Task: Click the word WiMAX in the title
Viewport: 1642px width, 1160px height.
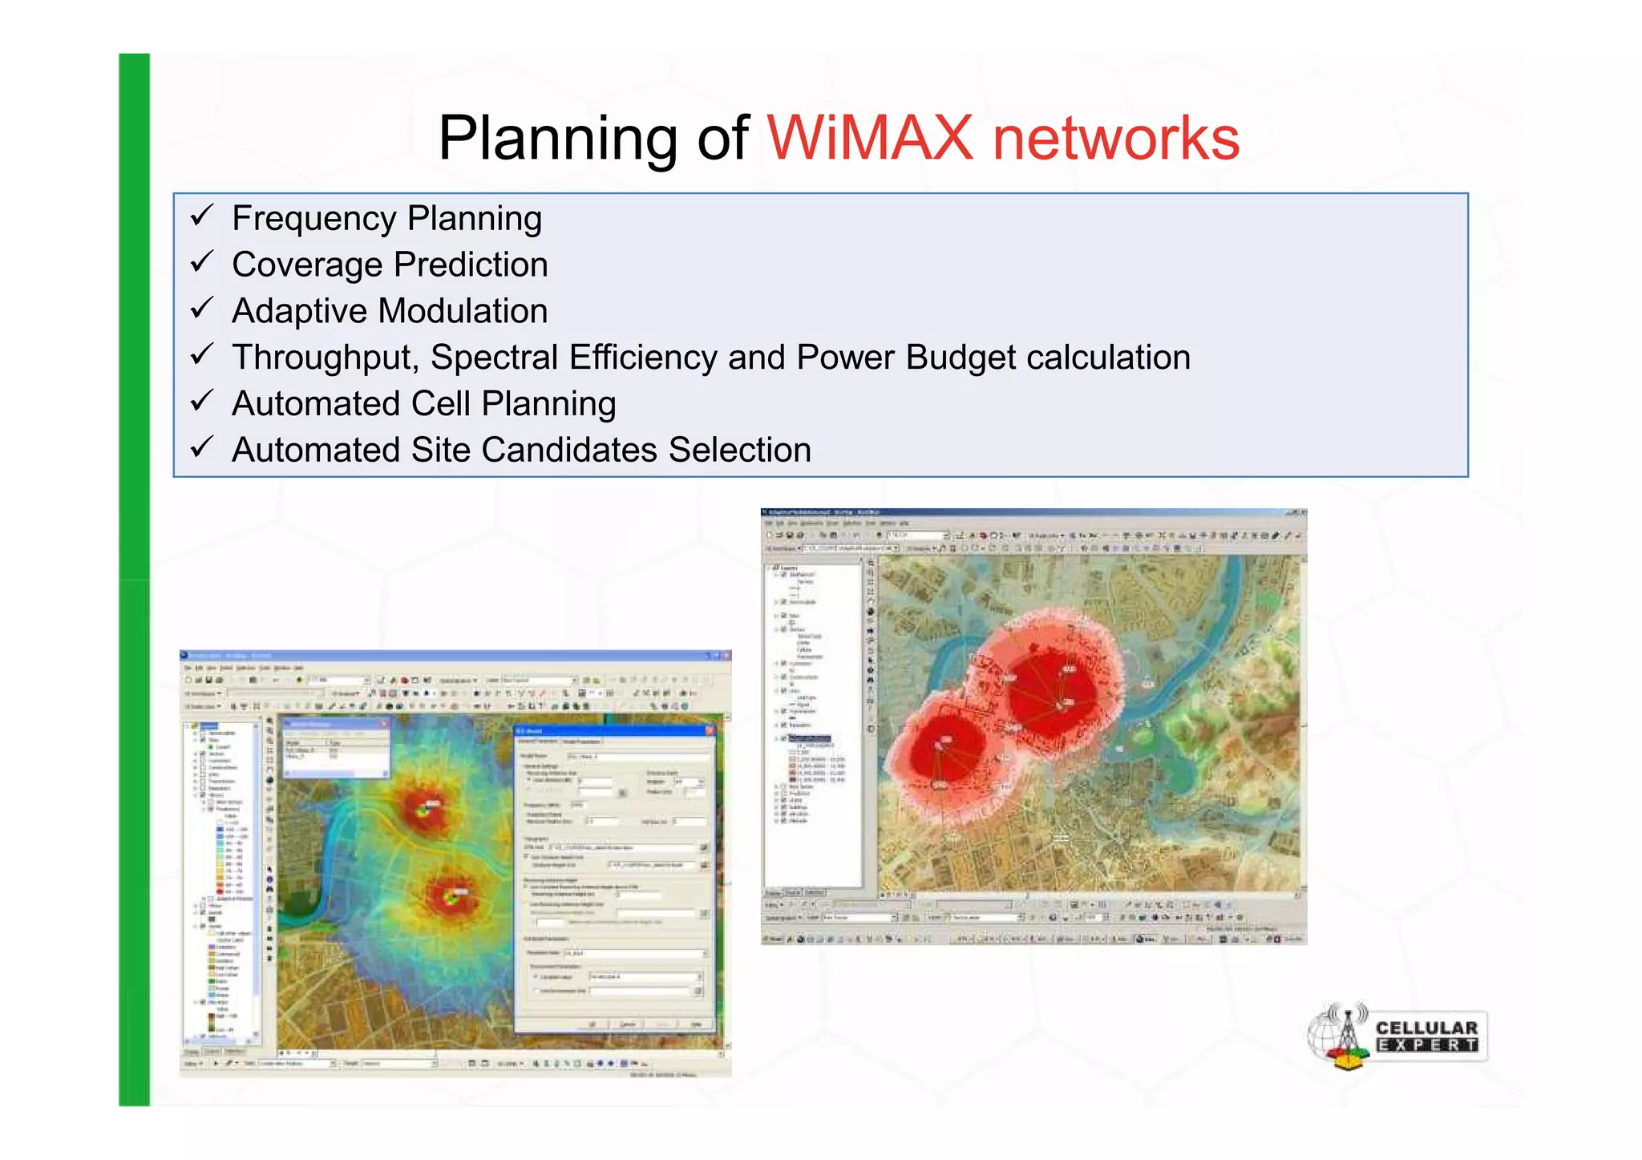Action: tap(870, 138)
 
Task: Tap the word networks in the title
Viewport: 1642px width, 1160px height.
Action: tap(1115, 138)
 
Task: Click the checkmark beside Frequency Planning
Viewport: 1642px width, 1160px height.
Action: tap(201, 216)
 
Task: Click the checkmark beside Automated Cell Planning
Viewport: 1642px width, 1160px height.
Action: tap(201, 401)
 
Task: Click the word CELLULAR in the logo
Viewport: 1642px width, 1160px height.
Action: tap(1426, 1028)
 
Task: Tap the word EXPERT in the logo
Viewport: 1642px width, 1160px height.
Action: tap(1426, 1045)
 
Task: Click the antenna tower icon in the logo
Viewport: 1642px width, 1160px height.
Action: tap(1347, 1034)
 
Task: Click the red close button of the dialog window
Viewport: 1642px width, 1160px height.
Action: tap(709, 731)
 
